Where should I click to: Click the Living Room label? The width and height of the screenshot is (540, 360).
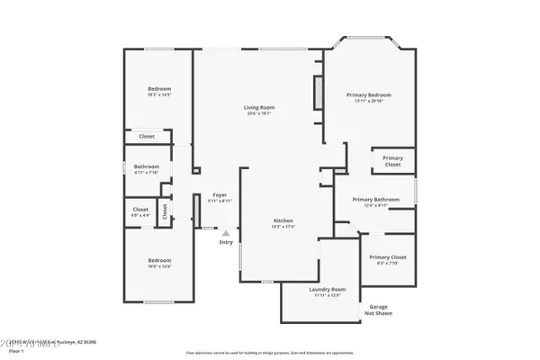point(258,108)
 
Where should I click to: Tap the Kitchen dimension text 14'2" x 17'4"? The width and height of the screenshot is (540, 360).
point(283,228)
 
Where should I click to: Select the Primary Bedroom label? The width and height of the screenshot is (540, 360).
point(369,94)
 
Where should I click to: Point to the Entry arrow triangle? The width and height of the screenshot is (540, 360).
point(226,233)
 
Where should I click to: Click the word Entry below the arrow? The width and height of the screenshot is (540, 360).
point(226,241)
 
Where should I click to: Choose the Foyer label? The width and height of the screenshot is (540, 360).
point(219,194)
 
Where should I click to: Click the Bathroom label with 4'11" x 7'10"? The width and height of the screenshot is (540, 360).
point(147,166)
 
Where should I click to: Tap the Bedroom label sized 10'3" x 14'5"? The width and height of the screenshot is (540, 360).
point(159,88)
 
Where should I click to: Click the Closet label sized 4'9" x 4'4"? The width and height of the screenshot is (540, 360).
point(141,210)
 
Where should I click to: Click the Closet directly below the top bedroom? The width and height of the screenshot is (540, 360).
point(146,136)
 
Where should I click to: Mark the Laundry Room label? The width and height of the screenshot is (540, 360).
point(321,289)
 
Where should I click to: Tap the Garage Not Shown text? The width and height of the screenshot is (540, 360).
point(378,310)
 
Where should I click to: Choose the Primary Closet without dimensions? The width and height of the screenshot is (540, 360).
point(392,161)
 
